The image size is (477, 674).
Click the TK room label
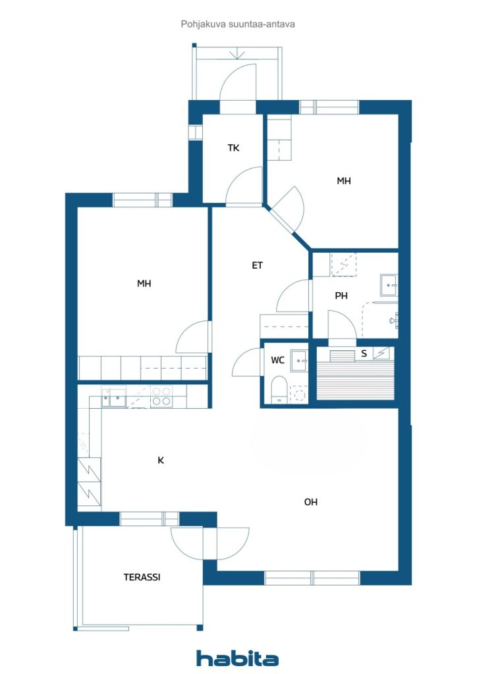point(233,148)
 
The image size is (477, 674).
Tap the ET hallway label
point(257,266)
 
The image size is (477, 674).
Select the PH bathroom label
point(341,296)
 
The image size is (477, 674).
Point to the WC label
point(277,360)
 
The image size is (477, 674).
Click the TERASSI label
point(142,577)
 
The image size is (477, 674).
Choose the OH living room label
point(310,502)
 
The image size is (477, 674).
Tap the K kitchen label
point(161,460)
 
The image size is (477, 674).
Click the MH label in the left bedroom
point(144,284)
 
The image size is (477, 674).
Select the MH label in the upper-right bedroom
point(344,181)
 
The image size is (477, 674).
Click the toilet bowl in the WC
point(279,389)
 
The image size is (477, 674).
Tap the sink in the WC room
point(299,361)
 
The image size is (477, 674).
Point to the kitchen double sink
point(113,398)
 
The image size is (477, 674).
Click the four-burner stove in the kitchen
point(161,396)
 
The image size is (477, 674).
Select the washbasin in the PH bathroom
point(389,285)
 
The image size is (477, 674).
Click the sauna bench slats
point(356,379)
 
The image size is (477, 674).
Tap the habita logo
point(237,658)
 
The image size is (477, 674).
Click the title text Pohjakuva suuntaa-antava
point(238,24)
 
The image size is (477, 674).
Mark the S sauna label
point(364,353)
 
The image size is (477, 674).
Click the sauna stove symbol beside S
point(381,353)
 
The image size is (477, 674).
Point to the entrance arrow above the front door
point(237,54)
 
